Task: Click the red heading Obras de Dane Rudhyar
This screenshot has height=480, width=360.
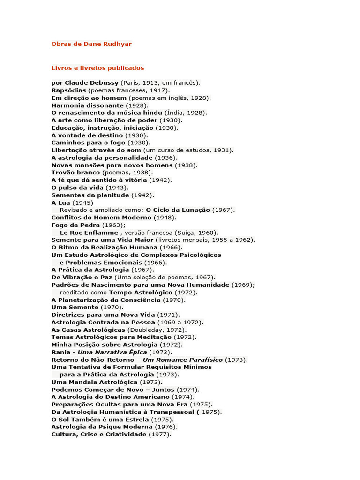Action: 91,44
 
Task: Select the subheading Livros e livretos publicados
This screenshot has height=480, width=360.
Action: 97,68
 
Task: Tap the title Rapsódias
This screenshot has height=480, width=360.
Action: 69,90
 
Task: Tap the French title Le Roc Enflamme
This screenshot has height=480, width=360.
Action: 89,232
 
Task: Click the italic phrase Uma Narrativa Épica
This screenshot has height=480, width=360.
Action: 112,352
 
